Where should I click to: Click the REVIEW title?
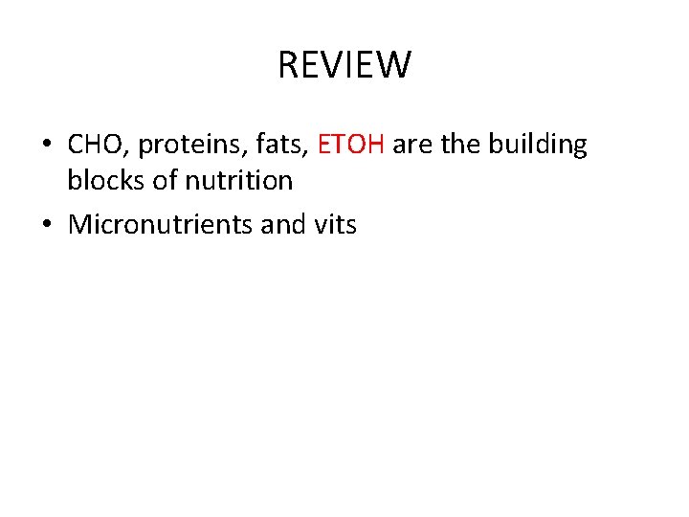[x=344, y=66]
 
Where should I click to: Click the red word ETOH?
[x=350, y=145]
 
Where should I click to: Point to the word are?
[x=412, y=146]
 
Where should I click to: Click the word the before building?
[x=461, y=145]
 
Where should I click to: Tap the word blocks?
[x=104, y=179]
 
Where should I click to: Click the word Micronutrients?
[x=160, y=225]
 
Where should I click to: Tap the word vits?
[x=336, y=225]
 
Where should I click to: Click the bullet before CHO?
[x=47, y=146]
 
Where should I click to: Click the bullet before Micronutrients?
[x=47, y=226]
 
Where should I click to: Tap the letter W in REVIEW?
[x=395, y=66]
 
